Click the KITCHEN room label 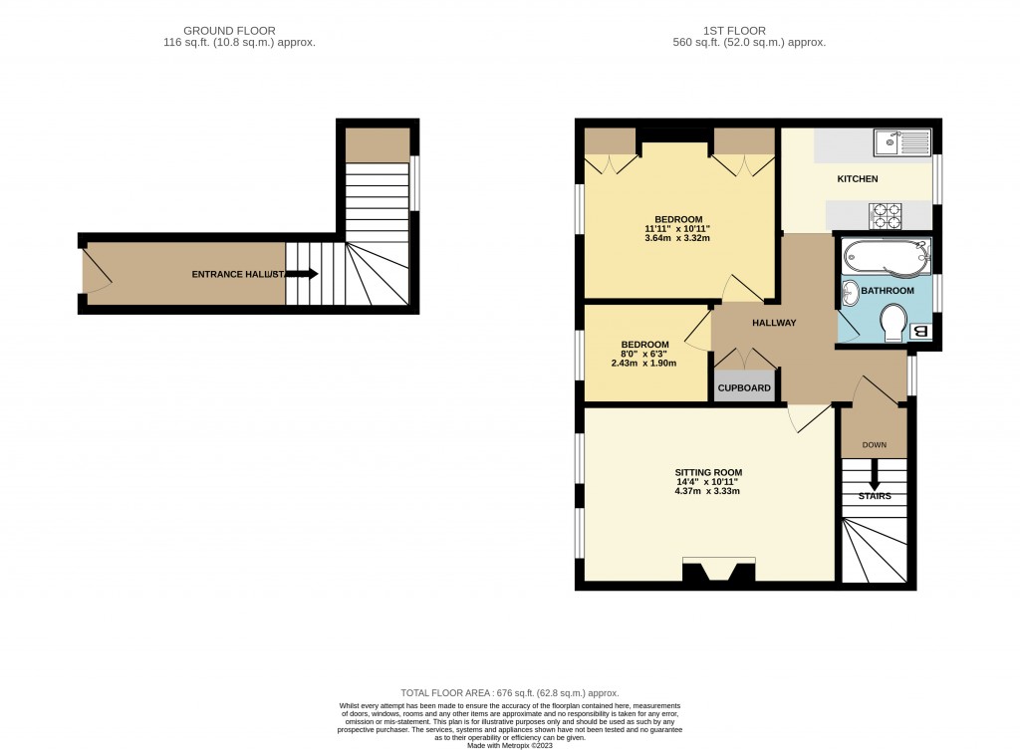[x=857, y=179]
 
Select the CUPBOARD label [x=746, y=387]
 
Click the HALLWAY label [x=774, y=323]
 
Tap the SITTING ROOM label [x=708, y=473]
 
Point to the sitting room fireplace [x=718, y=571]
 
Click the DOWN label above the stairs [x=874, y=445]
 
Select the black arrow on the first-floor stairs [x=874, y=472]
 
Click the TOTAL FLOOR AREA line [x=509, y=693]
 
